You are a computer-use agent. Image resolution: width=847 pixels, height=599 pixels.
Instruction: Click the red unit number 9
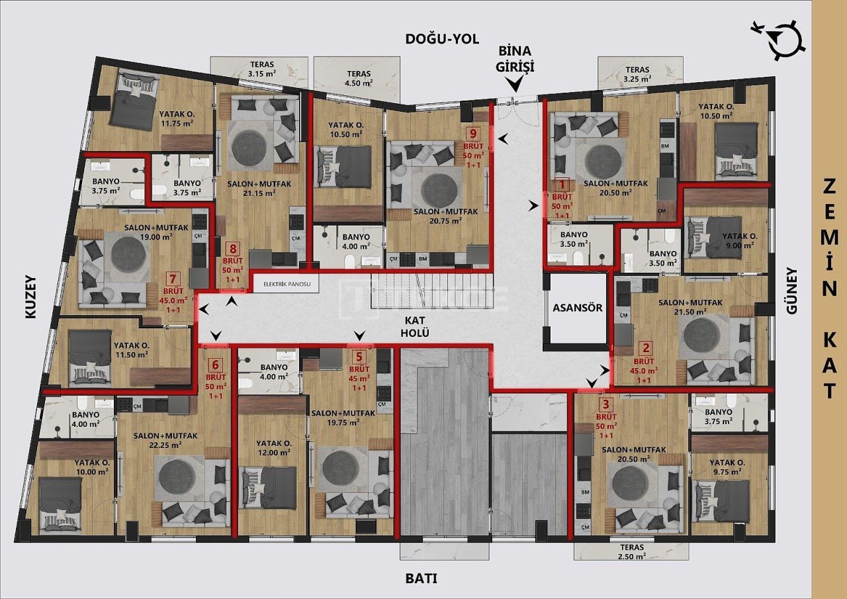(x=472, y=132)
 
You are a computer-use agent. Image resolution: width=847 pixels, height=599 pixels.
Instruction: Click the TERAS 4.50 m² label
(x=357, y=78)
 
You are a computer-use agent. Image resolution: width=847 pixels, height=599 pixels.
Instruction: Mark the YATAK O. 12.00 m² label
(x=273, y=448)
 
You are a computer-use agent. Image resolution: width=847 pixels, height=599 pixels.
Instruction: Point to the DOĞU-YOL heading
(x=441, y=38)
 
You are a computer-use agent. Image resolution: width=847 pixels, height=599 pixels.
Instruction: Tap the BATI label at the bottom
(x=421, y=578)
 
